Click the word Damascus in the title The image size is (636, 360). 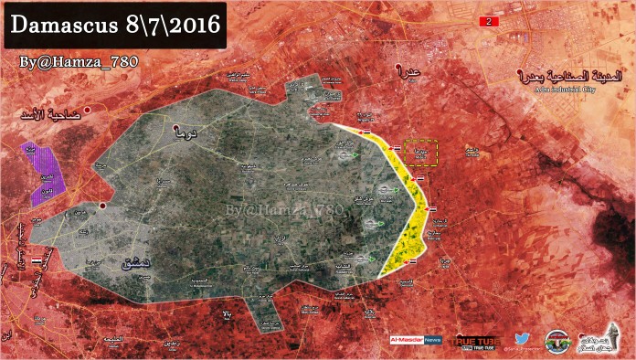[55, 25]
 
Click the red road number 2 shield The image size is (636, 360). [493, 20]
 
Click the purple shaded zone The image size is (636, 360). [46, 172]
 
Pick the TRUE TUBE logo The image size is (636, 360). [476, 340]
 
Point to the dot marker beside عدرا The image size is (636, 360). [396, 67]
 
